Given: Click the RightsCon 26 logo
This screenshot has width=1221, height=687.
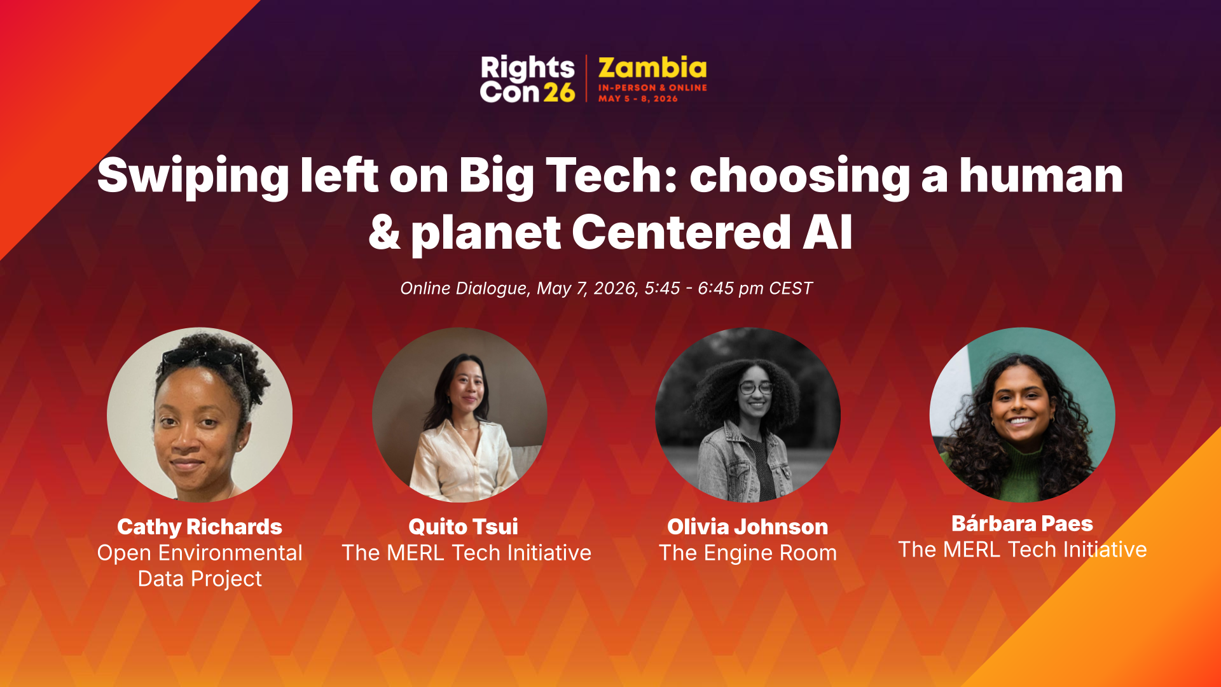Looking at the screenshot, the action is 527,79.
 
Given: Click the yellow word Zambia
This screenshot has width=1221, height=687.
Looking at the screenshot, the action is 652,68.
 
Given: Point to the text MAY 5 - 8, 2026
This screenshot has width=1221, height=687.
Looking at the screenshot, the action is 638,99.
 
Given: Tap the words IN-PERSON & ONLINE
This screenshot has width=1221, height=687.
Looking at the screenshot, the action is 652,88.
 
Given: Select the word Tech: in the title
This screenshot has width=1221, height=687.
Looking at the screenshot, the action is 612,175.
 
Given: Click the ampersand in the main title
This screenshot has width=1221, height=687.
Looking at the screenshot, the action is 384,232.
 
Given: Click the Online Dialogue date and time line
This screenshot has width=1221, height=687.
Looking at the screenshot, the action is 606,288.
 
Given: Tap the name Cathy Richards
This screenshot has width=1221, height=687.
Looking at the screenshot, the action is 200,527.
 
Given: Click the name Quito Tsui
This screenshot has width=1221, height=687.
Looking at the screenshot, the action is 463,526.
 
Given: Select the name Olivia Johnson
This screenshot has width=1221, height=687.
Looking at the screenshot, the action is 747,527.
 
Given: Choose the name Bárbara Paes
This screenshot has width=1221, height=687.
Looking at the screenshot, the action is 1022,523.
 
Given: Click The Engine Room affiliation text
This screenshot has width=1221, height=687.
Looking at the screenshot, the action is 748,553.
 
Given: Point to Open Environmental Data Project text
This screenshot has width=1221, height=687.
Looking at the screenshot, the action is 200,566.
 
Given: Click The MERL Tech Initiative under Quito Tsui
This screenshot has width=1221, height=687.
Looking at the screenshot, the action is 466,553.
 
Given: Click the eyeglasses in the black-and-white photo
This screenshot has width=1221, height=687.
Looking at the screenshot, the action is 755,387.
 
